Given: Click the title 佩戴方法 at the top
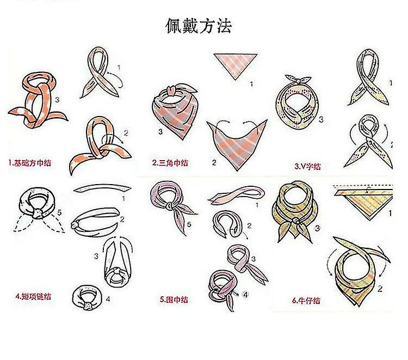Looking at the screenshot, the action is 199,26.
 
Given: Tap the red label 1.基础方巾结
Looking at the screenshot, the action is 30,163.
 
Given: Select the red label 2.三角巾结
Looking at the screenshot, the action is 170,163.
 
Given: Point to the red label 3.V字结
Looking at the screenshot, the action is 307,166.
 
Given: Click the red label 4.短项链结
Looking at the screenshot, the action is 33,296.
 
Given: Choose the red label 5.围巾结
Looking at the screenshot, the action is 174,300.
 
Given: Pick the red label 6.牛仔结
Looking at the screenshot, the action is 306,301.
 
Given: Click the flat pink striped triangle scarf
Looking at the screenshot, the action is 235,66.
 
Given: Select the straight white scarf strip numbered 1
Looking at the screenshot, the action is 102,188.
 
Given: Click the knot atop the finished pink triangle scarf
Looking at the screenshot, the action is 171,91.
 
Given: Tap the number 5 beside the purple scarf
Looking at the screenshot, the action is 189,224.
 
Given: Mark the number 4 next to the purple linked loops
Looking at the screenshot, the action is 245,295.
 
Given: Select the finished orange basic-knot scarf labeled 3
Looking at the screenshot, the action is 38,100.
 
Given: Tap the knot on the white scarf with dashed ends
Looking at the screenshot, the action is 38,213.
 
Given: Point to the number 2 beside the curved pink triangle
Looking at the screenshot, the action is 214,163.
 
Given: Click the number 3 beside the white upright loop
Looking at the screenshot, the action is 96,257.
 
